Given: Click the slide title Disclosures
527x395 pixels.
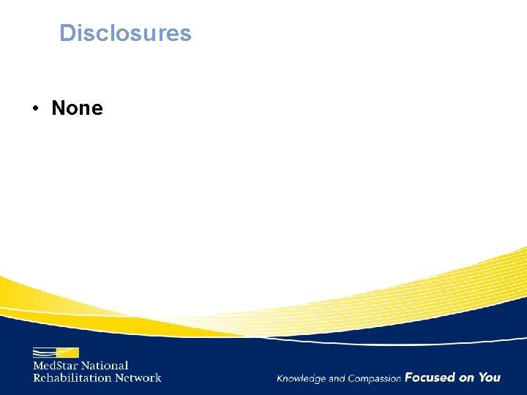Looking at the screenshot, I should tap(125, 33).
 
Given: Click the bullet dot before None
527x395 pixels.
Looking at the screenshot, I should tap(35, 109).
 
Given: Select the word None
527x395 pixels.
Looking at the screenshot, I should tap(77, 108).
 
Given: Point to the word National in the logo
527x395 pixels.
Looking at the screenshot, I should tap(105, 366).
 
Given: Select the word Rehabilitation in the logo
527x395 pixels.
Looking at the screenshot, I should tap(72, 377).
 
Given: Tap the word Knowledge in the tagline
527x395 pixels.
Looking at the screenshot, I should tap(301, 379).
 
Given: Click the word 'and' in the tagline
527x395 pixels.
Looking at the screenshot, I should tap(337, 379).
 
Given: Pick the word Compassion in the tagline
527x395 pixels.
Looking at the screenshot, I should tap(375, 379).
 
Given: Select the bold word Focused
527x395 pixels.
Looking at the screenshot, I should tap(430, 377).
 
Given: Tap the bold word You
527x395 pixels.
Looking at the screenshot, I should tap(490, 377).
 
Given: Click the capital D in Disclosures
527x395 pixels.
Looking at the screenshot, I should tap(67, 33).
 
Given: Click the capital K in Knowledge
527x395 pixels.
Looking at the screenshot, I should tap(280, 378).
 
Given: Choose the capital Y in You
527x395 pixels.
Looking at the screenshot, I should tap(483, 377).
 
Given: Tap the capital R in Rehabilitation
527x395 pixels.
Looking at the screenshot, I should tap(37, 377).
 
